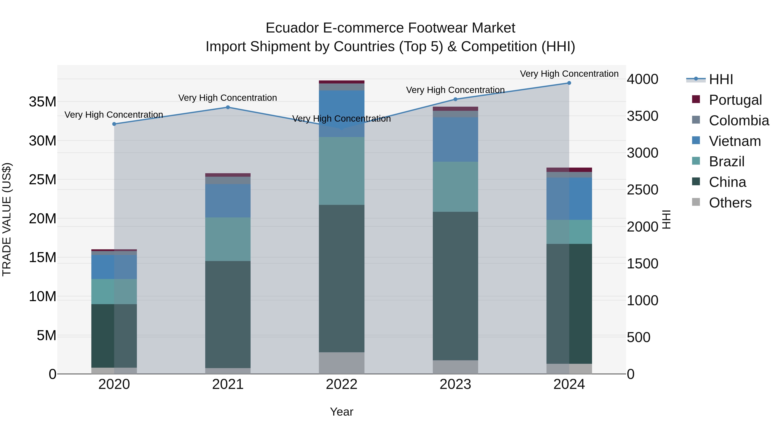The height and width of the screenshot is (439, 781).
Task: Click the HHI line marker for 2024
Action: pyautogui.click(x=569, y=83)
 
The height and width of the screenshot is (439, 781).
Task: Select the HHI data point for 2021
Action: pyautogui.click(x=228, y=107)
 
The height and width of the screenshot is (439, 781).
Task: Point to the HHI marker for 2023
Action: pyautogui.click(x=455, y=99)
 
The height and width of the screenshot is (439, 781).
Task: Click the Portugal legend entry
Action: pyautogui.click(x=735, y=100)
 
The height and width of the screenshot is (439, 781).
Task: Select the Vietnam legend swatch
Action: pyautogui.click(x=696, y=140)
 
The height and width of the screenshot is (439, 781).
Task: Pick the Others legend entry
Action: pyautogui.click(x=730, y=203)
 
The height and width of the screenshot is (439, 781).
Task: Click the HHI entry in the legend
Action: pyautogui.click(x=721, y=79)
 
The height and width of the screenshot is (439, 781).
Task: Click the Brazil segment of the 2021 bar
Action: pyautogui.click(x=228, y=239)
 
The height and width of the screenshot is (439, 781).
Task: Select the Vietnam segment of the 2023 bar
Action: pyautogui.click(x=455, y=139)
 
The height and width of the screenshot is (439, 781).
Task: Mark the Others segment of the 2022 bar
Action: pyautogui.click(x=342, y=363)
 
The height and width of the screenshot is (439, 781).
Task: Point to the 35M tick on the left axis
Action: pyautogui.click(x=43, y=102)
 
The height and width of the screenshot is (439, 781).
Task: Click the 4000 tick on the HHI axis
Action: pyautogui.click(x=642, y=79)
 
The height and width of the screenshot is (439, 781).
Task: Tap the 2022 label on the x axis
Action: pyautogui.click(x=342, y=384)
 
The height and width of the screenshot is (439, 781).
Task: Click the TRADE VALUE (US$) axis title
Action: pyautogui.click(x=7, y=219)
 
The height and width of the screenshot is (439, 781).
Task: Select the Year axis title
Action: pyautogui.click(x=342, y=412)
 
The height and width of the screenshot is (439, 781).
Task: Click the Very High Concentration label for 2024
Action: pyautogui.click(x=569, y=74)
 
